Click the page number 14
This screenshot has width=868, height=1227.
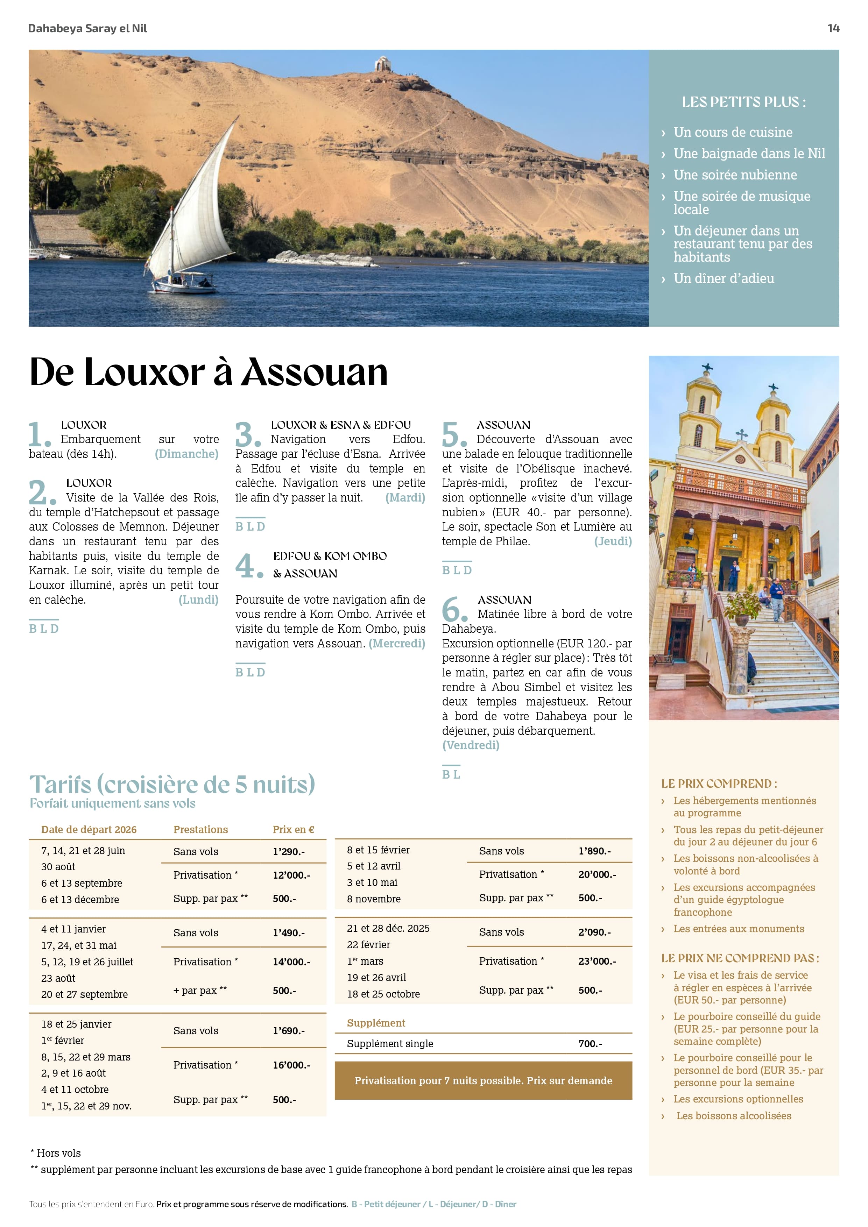coord(833,28)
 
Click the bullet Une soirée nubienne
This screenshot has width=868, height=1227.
coord(735,175)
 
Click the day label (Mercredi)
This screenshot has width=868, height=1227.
coord(397,644)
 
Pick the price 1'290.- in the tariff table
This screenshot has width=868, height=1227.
coord(289,852)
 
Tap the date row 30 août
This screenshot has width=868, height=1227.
coord(58,867)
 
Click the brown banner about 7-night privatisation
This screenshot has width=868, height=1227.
coord(483,1080)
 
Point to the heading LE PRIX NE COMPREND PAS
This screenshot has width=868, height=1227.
coord(740,958)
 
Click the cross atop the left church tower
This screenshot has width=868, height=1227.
coord(707,368)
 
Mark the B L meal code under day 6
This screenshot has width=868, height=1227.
coord(451,774)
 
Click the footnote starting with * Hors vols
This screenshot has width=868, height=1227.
coord(56,1153)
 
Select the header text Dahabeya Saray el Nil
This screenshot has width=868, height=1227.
coord(87,28)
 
